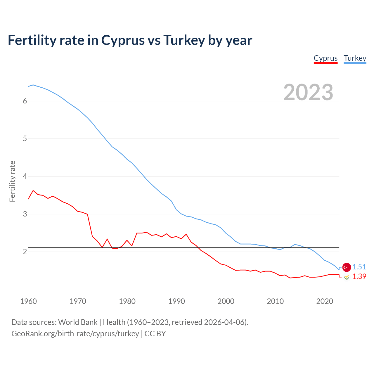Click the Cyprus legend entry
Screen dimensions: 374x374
325,58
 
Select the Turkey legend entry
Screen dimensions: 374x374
355,58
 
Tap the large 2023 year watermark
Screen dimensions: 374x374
308,92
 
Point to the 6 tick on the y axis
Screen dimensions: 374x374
25,101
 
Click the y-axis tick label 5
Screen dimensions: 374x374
25,138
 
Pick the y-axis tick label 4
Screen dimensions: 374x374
25,176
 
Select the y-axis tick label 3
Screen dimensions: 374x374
25,214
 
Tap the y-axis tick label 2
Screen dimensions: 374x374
25,252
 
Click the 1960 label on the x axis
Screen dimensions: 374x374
28,301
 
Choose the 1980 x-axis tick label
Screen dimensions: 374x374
127,301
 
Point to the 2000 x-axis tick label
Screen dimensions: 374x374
226,301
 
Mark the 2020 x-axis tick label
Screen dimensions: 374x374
325,301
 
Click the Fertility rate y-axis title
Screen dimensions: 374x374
12,181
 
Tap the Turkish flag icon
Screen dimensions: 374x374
347,267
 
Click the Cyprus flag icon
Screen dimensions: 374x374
347,277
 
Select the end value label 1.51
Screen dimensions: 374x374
359,267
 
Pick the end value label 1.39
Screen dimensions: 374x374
359,276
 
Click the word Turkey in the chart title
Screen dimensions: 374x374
184,40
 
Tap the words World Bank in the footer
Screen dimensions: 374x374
78,322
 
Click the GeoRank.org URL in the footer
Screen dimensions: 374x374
75,334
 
